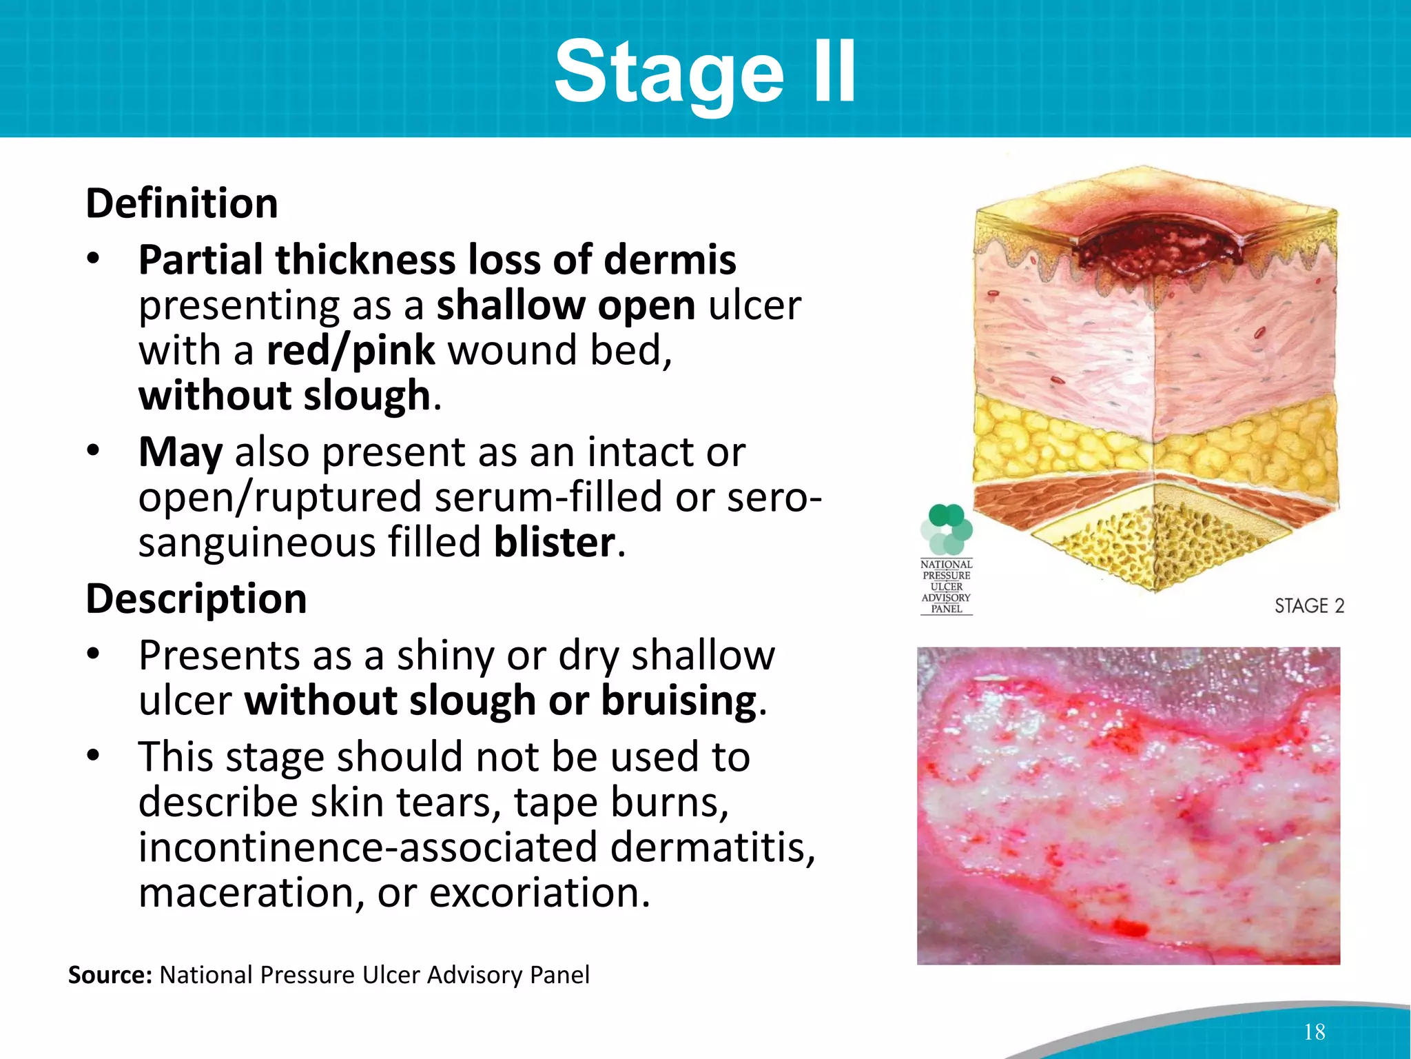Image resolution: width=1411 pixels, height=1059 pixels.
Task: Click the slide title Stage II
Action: (705, 72)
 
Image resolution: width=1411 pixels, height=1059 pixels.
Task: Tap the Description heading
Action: (196, 598)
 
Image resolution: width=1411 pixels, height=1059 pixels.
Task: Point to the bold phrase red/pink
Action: (351, 350)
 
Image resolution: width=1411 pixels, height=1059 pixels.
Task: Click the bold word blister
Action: (555, 543)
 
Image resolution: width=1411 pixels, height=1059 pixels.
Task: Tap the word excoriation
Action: (539, 892)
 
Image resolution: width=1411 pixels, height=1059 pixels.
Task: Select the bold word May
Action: (181, 452)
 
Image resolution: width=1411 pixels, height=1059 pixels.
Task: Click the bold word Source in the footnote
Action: (110, 975)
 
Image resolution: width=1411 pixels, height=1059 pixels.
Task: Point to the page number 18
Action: (1314, 1032)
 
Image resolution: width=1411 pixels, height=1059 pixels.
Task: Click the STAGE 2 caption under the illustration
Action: (1309, 606)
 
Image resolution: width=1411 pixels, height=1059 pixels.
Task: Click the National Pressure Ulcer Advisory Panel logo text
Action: (947, 587)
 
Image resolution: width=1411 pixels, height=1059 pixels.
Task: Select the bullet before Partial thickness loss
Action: (94, 260)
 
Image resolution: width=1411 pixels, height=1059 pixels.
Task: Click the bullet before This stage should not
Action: (94, 757)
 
